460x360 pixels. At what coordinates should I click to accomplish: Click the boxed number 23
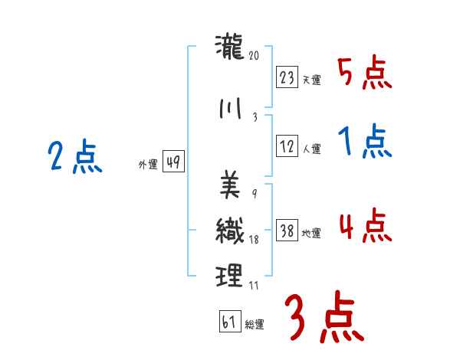[x=287, y=78]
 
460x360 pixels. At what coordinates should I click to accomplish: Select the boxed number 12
[x=287, y=147]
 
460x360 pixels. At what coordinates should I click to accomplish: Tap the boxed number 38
[x=287, y=231]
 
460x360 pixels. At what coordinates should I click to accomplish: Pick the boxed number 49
[x=173, y=162]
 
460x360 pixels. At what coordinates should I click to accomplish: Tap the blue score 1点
[x=365, y=142]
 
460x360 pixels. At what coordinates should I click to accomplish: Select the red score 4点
[x=365, y=226]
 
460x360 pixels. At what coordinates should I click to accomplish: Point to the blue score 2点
[x=74, y=158]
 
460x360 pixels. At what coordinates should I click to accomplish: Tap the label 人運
[x=311, y=149]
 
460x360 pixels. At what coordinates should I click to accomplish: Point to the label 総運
[x=255, y=325]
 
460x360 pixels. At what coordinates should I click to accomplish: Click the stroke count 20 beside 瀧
[x=255, y=55]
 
